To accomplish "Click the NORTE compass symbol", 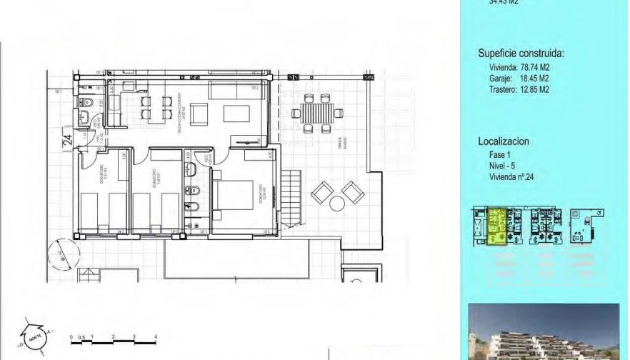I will [x=34, y=334].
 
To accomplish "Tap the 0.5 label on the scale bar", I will [x=82, y=335].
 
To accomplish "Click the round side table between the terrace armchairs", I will [x=336, y=203].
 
